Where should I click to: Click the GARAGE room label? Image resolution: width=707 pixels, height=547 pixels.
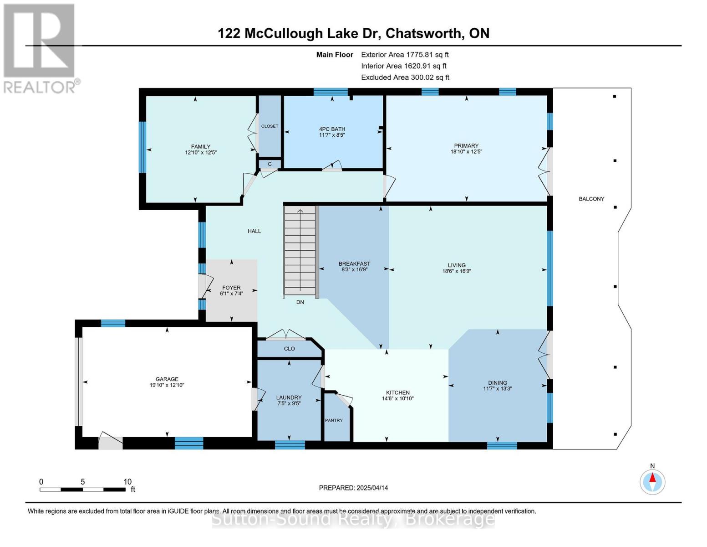point(167,379)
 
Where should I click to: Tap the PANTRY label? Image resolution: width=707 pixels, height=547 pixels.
point(334,420)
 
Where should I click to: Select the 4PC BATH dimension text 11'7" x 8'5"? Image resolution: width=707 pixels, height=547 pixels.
point(332,135)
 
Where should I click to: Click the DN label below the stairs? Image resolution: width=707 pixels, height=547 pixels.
point(300,302)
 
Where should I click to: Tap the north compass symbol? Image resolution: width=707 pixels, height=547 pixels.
point(652,482)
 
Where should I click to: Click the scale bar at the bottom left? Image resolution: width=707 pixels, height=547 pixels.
point(83,489)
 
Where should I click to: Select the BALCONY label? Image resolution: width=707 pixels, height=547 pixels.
point(591,199)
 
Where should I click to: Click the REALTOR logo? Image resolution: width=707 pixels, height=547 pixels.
point(41,48)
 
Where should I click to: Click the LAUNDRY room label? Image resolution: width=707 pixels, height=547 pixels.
point(289,397)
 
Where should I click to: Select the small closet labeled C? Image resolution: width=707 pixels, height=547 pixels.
point(270,164)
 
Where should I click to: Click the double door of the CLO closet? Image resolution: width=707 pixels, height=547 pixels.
point(285,335)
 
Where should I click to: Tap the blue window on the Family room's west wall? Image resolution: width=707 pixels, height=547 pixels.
point(142,147)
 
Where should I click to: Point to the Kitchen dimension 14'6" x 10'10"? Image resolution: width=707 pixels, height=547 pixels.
point(397,398)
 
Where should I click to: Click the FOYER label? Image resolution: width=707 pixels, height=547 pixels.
point(231,288)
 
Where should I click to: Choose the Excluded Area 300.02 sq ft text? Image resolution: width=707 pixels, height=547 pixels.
point(405,77)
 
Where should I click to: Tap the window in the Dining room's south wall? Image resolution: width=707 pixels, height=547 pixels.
point(502,445)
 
